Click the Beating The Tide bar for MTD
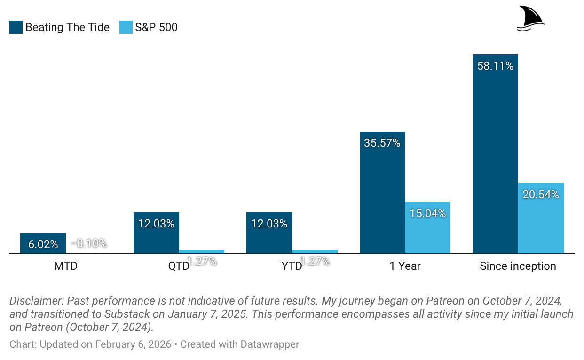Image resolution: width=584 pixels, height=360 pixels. pyautogui.click(x=43, y=243)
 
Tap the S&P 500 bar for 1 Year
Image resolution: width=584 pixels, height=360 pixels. pyautogui.click(x=427, y=228)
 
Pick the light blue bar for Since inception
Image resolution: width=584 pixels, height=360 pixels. pyautogui.click(x=540, y=219)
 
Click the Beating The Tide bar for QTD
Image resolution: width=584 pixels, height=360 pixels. pyautogui.click(x=156, y=234)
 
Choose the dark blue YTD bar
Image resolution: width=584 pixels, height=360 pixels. pyautogui.click(x=269, y=234)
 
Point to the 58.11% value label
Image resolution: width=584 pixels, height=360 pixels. pyautogui.click(x=495, y=66)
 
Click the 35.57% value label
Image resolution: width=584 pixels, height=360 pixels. pyautogui.click(x=382, y=143)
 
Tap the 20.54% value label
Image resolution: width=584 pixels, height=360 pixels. pyautogui.click(x=541, y=194)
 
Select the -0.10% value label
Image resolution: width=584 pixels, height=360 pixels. pyautogui.click(x=89, y=243)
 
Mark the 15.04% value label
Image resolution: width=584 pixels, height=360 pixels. pyautogui.click(x=427, y=213)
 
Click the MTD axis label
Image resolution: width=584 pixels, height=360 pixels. pyautogui.click(x=66, y=266)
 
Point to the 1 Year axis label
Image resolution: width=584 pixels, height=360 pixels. pyautogui.click(x=405, y=266)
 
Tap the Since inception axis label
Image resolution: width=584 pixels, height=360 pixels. pyautogui.click(x=518, y=266)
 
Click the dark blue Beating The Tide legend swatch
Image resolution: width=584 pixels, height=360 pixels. pyautogui.click(x=16, y=27)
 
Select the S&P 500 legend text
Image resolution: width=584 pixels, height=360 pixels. pyautogui.click(x=156, y=27)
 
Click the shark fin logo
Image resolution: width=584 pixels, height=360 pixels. pyautogui.click(x=530, y=19)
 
